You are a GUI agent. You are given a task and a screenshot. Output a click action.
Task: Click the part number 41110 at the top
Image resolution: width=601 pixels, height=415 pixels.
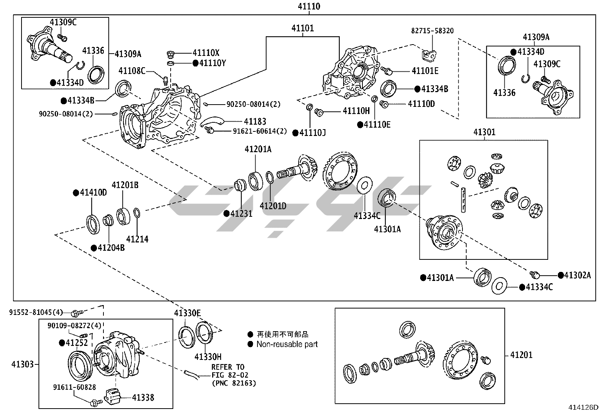pos(309,6)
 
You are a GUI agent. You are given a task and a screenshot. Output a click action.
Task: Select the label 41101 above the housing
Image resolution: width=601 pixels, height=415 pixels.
pos(302,28)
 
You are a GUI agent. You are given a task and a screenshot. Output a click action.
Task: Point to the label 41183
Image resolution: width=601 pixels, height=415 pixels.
pos(255,121)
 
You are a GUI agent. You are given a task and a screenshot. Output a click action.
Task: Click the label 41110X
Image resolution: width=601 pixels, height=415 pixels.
pos(206,53)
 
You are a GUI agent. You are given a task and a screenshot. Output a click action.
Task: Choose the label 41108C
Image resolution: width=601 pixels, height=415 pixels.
pos(132,71)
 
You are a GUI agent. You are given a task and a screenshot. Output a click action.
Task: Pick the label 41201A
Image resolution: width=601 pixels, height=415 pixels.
pos(258,149)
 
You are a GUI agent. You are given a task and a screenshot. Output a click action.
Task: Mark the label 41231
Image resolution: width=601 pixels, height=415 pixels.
pos(241,214)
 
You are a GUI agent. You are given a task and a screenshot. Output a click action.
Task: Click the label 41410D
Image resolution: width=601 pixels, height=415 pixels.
pos(93,193)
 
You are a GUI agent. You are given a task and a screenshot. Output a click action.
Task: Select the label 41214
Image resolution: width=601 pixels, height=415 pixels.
pos(137,239)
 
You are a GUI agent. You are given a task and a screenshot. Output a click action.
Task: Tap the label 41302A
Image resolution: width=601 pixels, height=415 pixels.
pos(577,275)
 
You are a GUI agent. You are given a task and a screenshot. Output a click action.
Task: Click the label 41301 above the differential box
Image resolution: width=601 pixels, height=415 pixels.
pos(484,132)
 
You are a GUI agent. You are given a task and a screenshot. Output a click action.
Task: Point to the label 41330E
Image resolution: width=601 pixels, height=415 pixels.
pos(187,313)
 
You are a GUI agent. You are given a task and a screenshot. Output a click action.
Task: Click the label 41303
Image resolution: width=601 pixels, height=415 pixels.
pos(22,364)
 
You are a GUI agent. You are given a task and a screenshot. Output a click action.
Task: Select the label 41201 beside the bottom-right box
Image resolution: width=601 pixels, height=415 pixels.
pos(521,355)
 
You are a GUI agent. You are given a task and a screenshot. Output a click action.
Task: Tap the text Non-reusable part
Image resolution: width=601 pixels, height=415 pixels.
pos(287,344)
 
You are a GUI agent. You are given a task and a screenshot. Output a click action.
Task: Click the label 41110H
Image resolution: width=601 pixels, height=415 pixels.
pos(356,111)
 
